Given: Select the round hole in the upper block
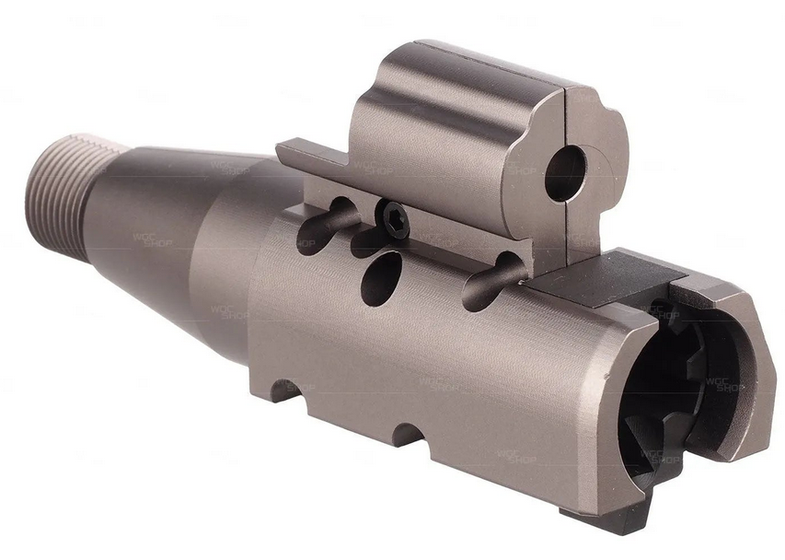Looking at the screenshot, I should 565,174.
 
